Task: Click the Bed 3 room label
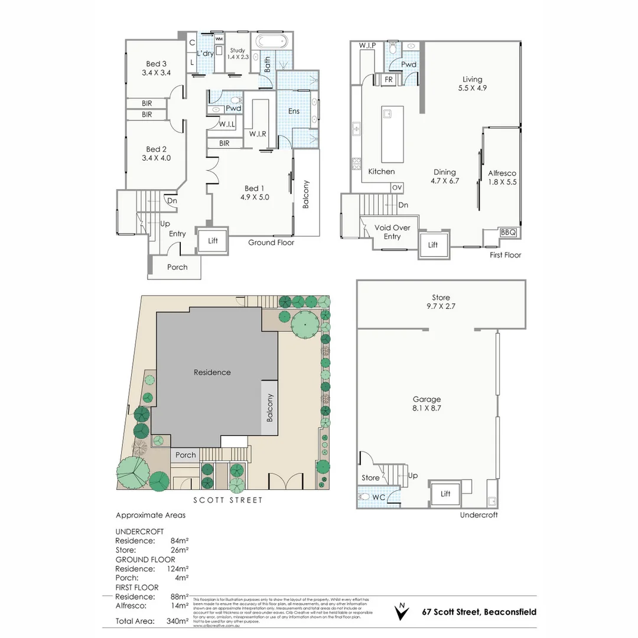[156, 69]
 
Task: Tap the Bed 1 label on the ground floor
[255, 193]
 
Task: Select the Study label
[237, 54]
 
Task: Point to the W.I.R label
[258, 134]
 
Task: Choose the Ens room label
[294, 111]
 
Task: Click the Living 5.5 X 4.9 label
[472, 83]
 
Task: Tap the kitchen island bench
[392, 134]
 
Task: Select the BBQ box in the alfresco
[508, 233]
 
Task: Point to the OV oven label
[397, 187]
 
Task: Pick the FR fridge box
[389, 80]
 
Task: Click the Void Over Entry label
[392, 232]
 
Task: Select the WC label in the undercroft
[379, 497]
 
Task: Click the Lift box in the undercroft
[445, 494]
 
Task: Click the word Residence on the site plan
[212, 372]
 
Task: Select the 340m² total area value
[177, 621]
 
